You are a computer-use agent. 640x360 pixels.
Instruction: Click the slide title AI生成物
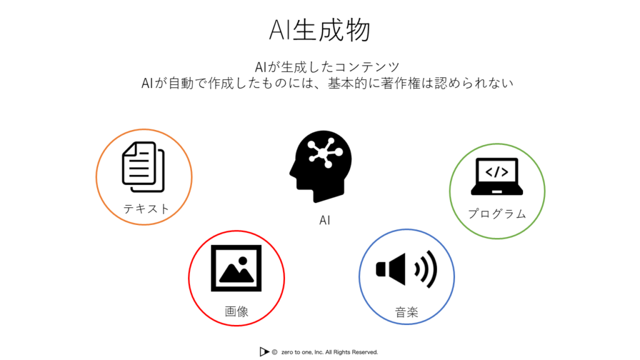[320, 30]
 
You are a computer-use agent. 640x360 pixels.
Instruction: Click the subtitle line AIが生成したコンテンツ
[327, 67]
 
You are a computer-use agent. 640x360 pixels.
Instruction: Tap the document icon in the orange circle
[143, 166]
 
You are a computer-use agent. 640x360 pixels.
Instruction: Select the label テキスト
[146, 209]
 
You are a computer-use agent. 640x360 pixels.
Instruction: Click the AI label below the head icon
[324, 221]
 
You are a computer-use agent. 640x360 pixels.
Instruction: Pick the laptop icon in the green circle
[497, 176]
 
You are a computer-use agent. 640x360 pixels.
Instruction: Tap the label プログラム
[497, 214]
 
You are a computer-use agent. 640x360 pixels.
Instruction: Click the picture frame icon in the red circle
[236, 268]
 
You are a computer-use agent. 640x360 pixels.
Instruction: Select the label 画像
[236, 311]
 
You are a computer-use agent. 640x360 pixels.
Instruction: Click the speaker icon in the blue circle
[406, 269]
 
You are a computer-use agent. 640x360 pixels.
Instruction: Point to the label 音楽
[406, 312]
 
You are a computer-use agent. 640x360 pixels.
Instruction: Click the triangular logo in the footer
[264, 351]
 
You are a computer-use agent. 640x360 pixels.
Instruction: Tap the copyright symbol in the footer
[275, 352]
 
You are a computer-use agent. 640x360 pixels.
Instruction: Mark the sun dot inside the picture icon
[243, 261]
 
